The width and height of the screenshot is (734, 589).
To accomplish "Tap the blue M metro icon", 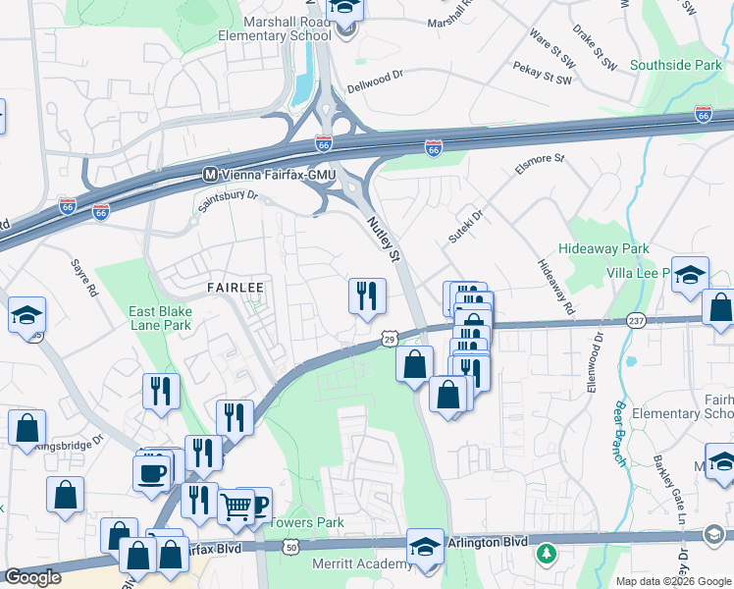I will click(x=208, y=175).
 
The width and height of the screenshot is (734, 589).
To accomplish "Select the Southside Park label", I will click(x=674, y=66).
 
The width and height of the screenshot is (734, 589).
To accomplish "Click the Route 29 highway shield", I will click(x=389, y=338).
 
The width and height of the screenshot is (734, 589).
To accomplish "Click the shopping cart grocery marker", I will click(x=236, y=508).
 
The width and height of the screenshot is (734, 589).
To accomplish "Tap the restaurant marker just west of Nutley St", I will click(x=367, y=295).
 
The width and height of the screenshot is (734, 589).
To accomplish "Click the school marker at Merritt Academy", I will click(x=424, y=547).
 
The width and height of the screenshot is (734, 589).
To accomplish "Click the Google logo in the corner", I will click(x=33, y=577).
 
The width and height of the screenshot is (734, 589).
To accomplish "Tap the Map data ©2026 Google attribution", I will click(x=672, y=581).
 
